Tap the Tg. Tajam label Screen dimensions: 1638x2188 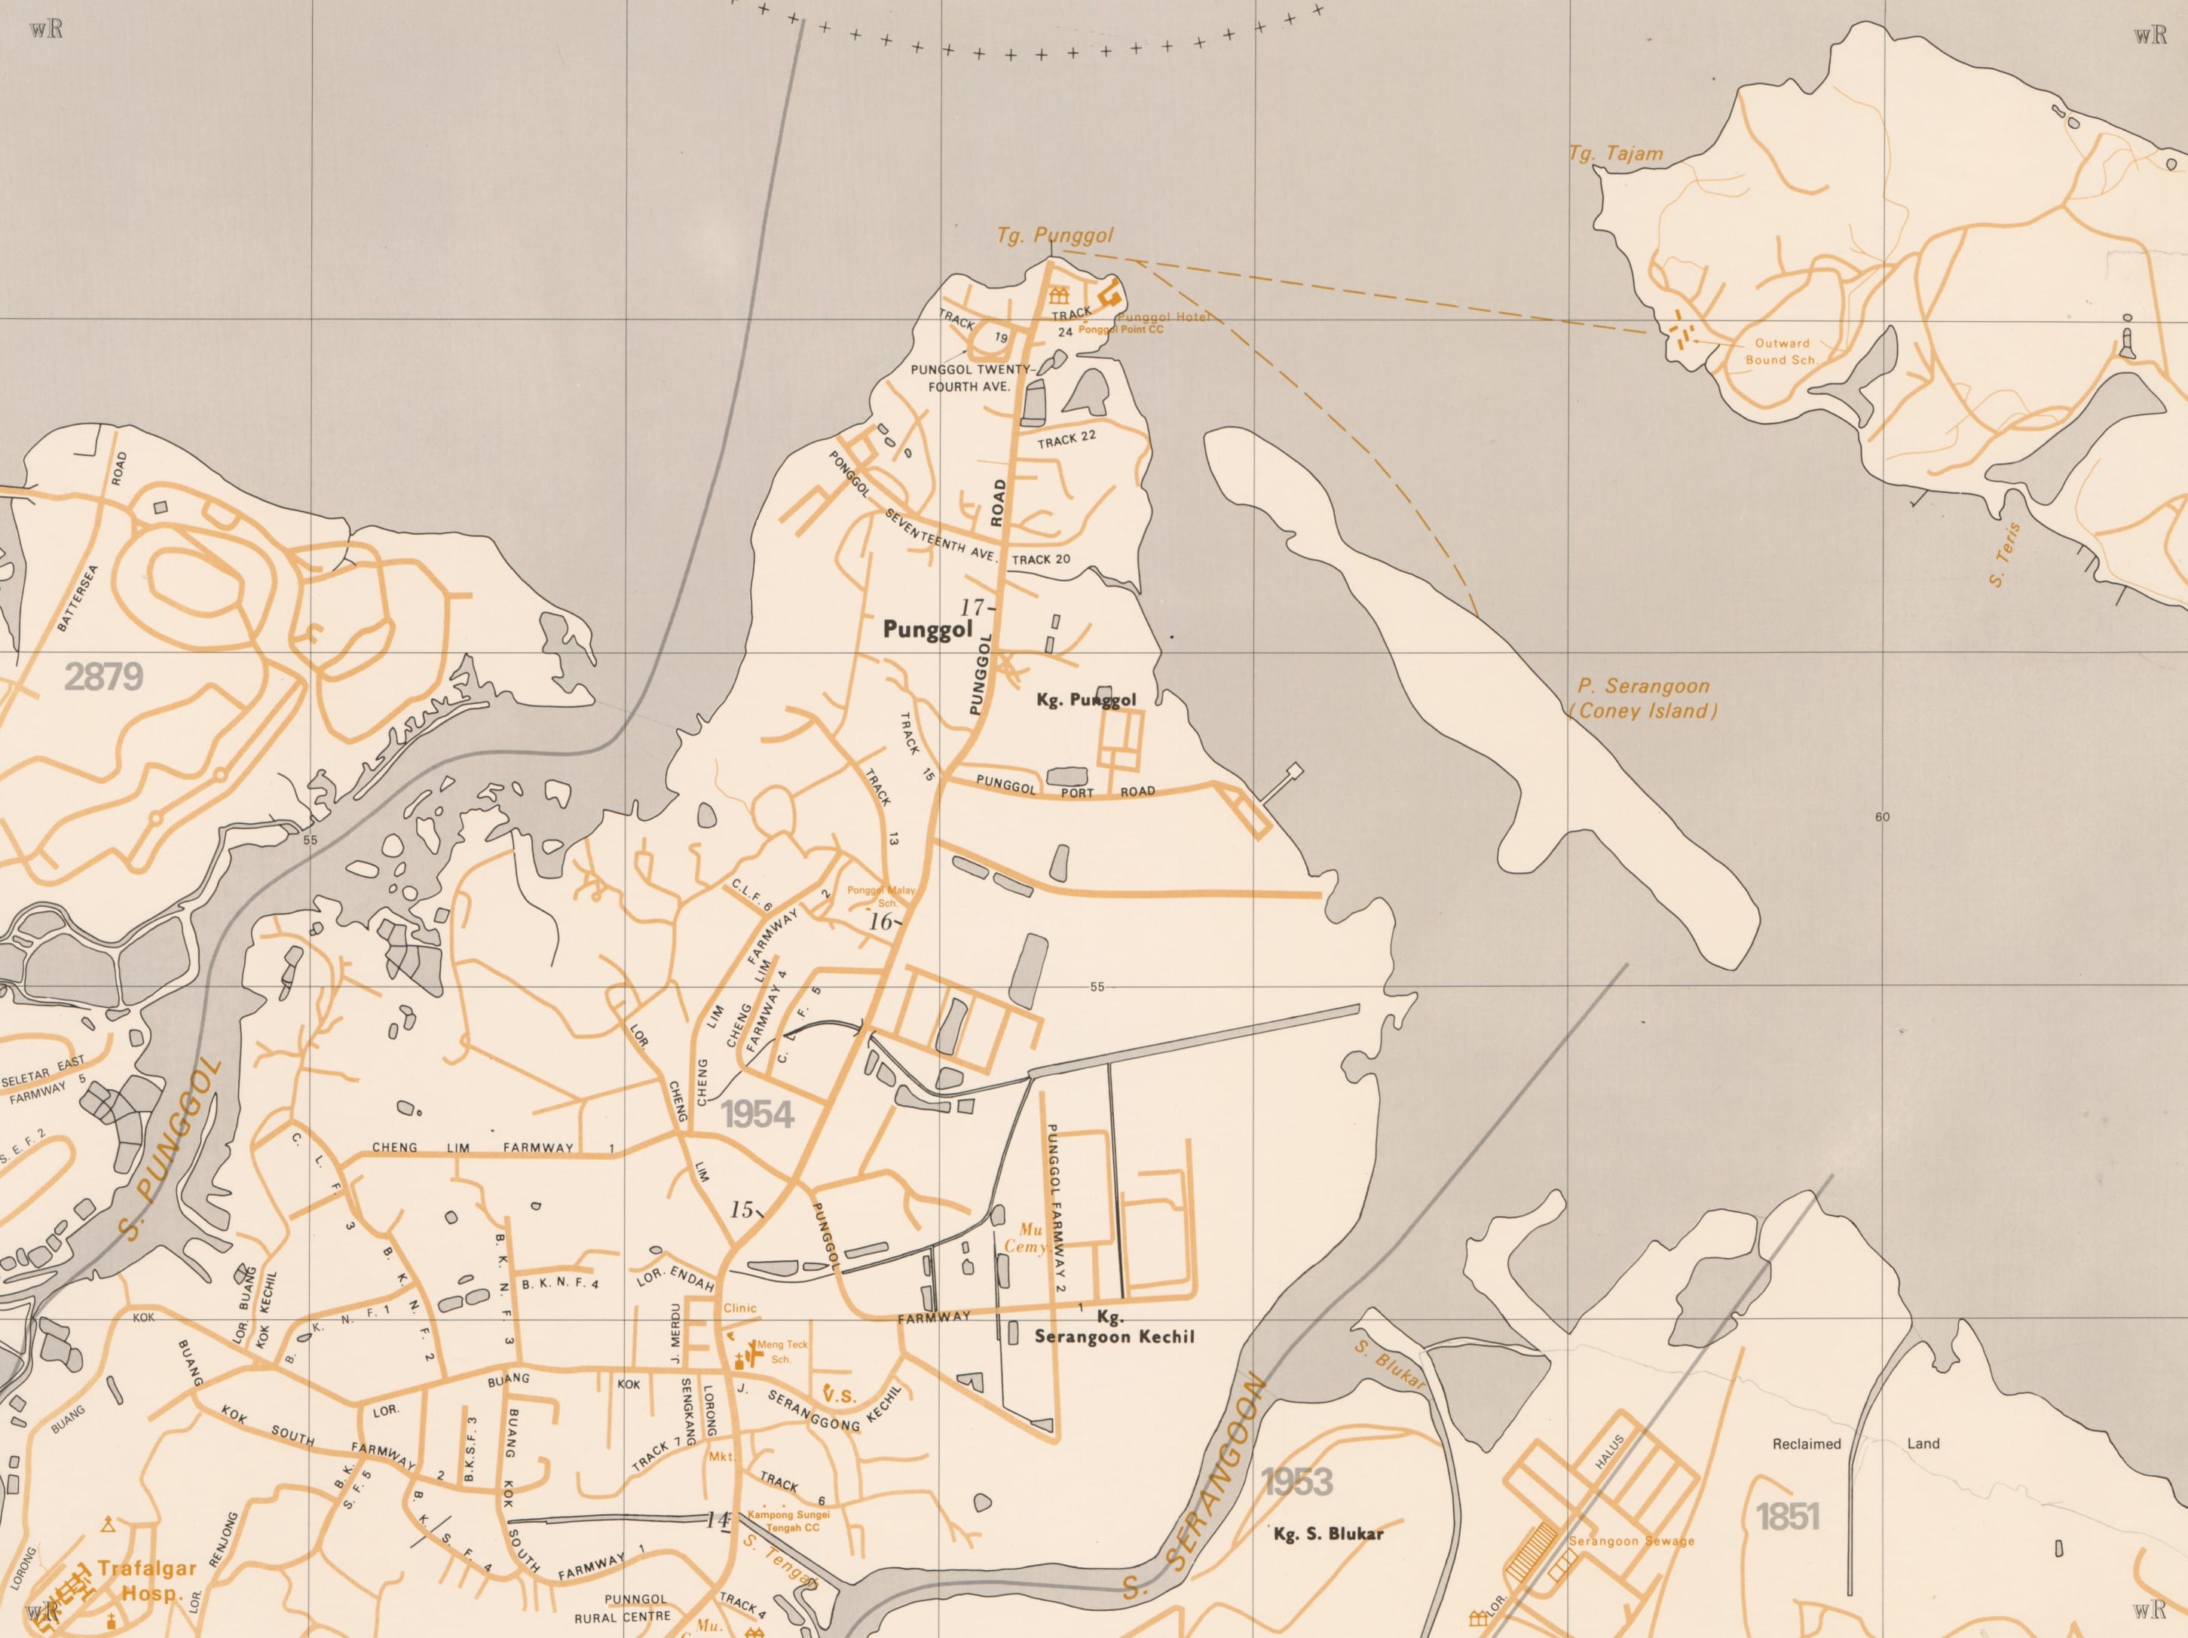pyautogui.click(x=1615, y=155)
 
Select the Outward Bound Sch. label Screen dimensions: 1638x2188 pyautogui.click(x=1782, y=352)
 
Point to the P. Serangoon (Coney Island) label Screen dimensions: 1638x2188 pyautogui.click(x=1643, y=698)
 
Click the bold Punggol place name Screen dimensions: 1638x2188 pyautogui.click(x=927, y=630)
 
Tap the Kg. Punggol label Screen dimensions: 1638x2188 pyautogui.click(x=1085, y=700)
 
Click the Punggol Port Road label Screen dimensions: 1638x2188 pyautogui.click(x=1064, y=788)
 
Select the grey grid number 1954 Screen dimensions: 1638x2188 pyautogui.click(x=757, y=1115)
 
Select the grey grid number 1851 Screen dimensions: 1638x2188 pyautogui.click(x=1787, y=1517)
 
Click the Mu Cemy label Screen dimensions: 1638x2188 pyautogui.click(x=1028, y=1238)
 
